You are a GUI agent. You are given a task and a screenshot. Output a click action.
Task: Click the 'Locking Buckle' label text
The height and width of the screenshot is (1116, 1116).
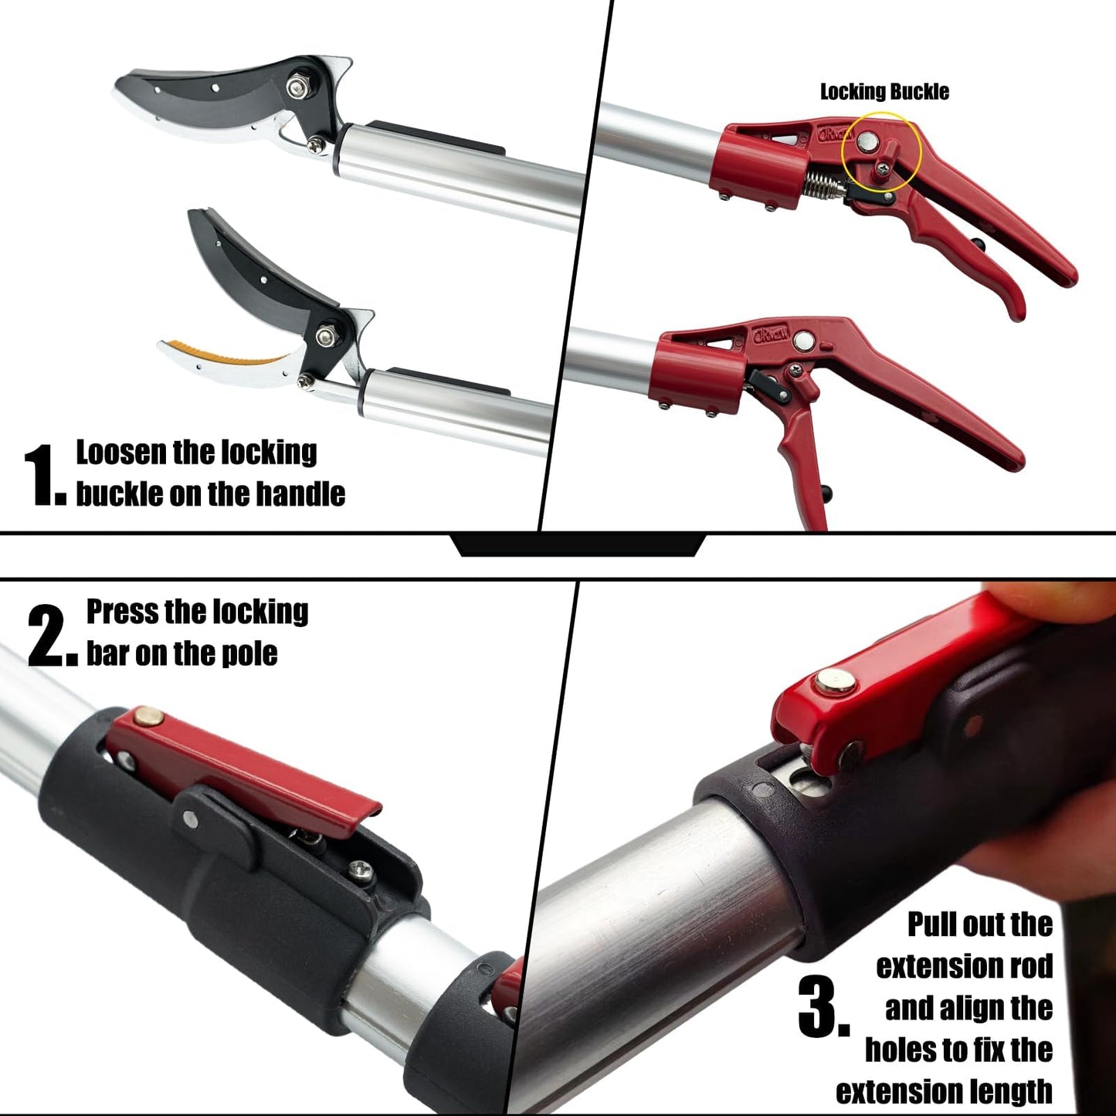pyautogui.click(x=884, y=91)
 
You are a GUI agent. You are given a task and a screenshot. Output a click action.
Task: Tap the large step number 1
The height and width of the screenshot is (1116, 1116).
pyautogui.click(x=45, y=475)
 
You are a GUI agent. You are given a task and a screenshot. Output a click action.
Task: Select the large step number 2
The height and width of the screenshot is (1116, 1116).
pyautogui.click(x=52, y=636)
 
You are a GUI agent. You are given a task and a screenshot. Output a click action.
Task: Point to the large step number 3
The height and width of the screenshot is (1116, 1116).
pyautogui.click(x=823, y=1007)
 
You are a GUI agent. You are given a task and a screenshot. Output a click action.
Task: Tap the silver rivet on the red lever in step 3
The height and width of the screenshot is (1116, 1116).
pyautogui.click(x=835, y=682)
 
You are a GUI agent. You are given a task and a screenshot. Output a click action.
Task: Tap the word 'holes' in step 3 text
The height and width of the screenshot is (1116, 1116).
pyautogui.click(x=901, y=1050)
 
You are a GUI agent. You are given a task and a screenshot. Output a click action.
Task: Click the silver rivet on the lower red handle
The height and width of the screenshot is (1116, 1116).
pyautogui.click(x=804, y=340)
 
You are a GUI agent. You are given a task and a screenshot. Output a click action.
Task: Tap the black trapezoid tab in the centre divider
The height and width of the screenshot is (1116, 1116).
pyautogui.click(x=578, y=545)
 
